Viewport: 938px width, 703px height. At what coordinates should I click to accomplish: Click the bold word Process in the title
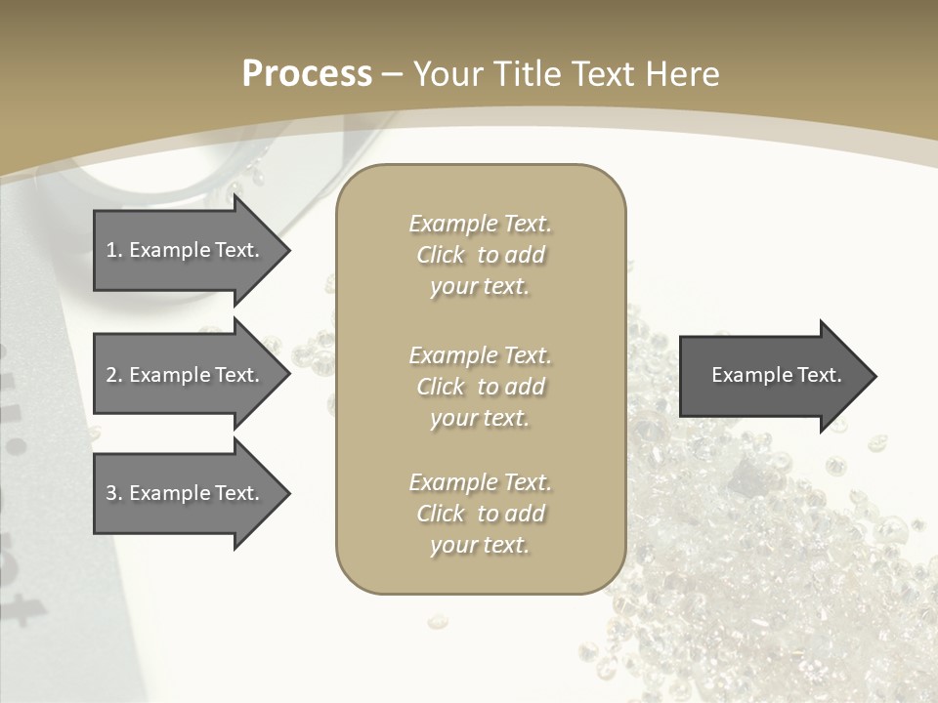[307, 73]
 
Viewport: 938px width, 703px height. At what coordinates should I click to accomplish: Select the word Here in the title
[683, 73]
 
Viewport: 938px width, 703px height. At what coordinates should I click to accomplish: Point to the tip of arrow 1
[286, 250]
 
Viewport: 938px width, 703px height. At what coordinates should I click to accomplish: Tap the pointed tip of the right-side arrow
[873, 376]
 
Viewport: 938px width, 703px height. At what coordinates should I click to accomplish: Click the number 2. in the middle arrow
[114, 375]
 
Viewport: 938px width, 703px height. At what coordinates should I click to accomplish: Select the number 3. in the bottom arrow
[114, 493]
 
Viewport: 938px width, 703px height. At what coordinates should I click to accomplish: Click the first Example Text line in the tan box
[480, 224]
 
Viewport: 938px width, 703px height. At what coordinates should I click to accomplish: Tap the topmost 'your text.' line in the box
[480, 286]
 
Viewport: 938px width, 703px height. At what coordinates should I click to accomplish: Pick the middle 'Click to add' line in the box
[480, 387]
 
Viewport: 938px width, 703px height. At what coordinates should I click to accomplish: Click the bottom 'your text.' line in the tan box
[480, 545]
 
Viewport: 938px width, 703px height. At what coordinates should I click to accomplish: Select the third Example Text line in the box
[480, 482]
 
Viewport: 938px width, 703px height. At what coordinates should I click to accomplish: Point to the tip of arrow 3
[286, 493]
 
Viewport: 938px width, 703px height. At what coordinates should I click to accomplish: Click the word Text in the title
[605, 73]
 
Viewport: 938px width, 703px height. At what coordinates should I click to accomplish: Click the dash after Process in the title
[392, 74]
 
